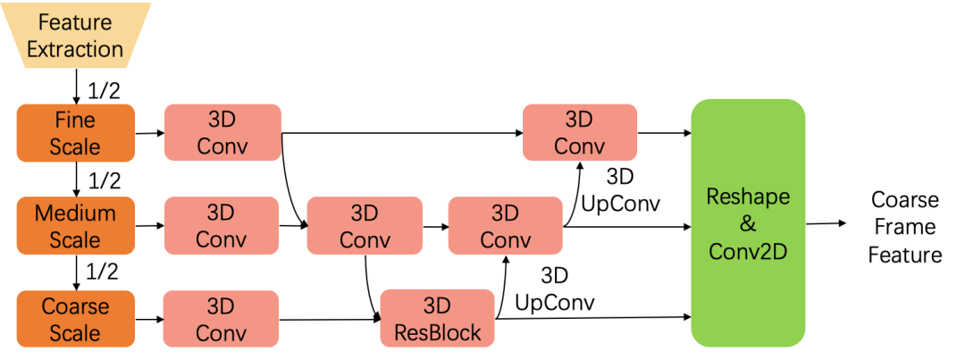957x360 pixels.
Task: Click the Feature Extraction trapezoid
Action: point(75,36)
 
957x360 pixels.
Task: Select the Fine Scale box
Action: point(75,133)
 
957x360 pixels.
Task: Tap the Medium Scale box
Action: point(75,226)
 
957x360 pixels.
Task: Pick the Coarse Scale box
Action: point(75,319)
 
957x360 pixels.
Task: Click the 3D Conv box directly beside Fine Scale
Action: point(222,133)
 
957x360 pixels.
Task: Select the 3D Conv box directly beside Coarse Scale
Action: point(221,319)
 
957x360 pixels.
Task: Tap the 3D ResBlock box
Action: point(437,319)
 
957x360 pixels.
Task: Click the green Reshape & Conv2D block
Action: point(747,222)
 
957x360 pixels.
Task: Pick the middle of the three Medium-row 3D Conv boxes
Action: point(365,226)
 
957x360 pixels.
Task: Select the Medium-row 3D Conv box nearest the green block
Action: point(505,226)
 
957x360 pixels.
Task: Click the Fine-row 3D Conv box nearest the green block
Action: point(580,133)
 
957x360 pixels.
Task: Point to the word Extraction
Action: point(75,49)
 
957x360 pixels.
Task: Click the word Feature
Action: point(75,22)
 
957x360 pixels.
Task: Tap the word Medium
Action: point(75,213)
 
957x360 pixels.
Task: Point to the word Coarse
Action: point(75,306)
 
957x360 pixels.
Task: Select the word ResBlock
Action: point(437,333)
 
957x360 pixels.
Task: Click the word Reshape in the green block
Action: point(747,196)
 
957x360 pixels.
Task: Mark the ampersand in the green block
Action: point(747,223)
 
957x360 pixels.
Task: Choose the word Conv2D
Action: point(747,251)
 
